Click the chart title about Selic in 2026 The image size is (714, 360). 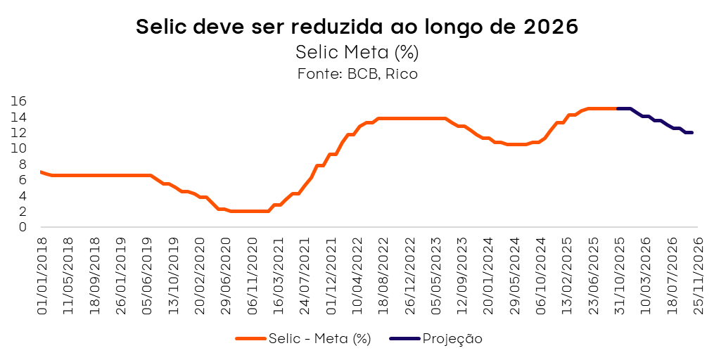(357, 27)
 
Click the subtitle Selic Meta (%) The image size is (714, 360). (357, 52)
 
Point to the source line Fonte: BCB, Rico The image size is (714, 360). (357, 74)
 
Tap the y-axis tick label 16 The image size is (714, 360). (19, 101)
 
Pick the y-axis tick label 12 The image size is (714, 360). (19, 133)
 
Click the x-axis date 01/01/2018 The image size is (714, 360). (42, 275)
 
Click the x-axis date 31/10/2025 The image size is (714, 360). (620, 275)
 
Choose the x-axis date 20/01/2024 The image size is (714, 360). (488, 275)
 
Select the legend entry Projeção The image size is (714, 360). (452, 339)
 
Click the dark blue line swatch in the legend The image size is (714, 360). (405, 339)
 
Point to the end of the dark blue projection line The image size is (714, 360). (692, 132)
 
